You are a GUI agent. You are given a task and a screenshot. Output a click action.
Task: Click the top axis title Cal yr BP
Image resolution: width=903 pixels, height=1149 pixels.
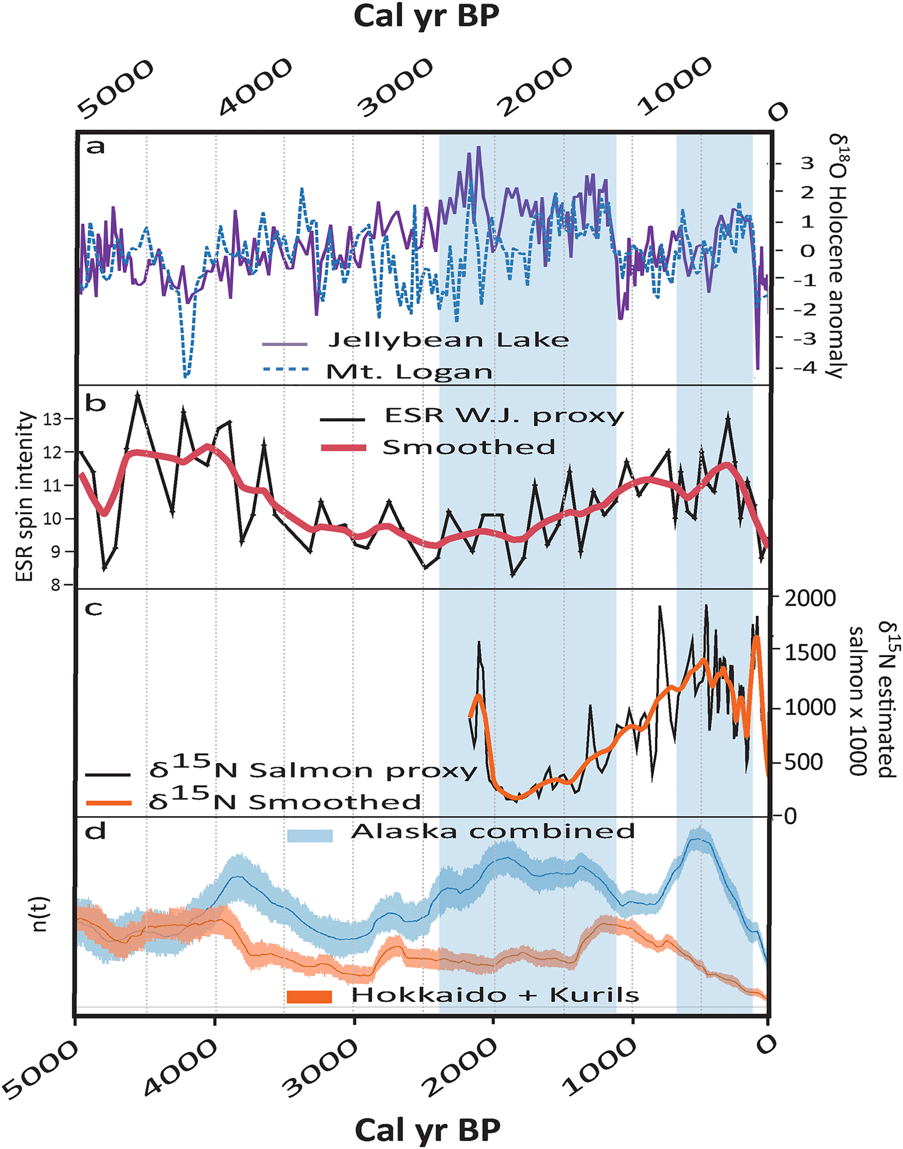pos(426,17)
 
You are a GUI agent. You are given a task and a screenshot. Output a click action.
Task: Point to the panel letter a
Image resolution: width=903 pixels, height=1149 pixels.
pos(96,146)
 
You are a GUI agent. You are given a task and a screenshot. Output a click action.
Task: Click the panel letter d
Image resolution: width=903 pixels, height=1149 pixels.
pos(96,832)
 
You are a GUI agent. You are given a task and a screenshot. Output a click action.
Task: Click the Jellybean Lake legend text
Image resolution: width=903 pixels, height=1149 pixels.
pos(448,340)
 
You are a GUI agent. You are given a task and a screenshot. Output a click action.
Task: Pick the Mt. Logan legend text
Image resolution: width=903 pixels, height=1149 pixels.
pos(409,372)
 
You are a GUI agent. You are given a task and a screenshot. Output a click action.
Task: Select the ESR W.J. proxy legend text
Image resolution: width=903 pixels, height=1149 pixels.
pos(504,416)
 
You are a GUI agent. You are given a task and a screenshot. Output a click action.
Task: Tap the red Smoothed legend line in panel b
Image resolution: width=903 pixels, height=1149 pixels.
pos(343,447)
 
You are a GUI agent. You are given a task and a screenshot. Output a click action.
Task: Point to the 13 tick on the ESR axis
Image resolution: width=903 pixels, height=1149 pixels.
pos(53,419)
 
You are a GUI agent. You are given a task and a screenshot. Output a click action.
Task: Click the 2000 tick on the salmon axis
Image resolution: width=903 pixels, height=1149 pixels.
pos(810,599)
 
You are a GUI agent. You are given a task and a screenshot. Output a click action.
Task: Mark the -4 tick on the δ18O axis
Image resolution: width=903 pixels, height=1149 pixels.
pos(807,367)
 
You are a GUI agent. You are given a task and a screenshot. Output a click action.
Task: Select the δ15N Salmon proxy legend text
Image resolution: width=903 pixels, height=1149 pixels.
pos(313,770)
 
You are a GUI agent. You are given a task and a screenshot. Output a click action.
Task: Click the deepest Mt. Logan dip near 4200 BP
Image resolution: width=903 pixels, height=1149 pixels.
pos(186,375)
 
